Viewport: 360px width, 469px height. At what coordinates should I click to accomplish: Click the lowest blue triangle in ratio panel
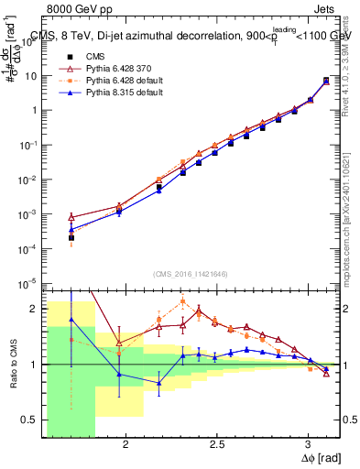[159, 383]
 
